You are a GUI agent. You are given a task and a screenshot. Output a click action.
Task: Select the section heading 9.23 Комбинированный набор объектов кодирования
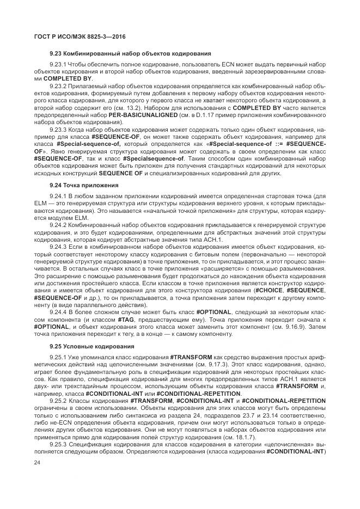pyautogui.click(x=130, y=54)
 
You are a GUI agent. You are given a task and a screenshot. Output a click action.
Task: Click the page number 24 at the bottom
pyautogui.click(x=37, y=463)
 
